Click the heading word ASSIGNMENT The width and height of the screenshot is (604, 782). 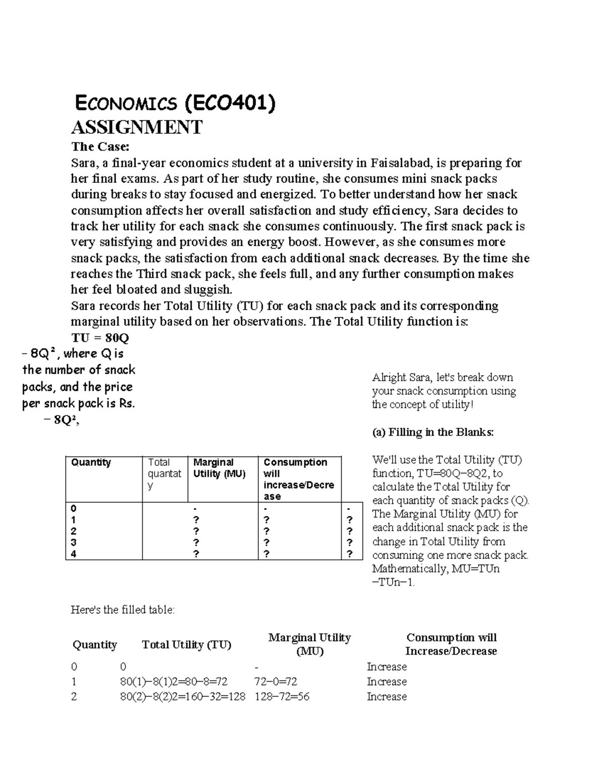tap(136, 127)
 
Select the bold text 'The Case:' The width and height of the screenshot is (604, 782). tap(100, 147)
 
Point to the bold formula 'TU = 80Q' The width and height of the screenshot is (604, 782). tap(100, 337)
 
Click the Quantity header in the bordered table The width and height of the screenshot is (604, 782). tap(91, 462)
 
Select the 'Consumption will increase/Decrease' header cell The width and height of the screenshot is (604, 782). tap(299, 479)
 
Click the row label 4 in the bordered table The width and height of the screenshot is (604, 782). tap(73, 554)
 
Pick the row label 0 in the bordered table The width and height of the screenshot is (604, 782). tap(73, 508)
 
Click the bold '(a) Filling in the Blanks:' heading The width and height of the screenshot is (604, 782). tap(433, 432)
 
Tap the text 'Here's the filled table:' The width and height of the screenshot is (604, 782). tap(123, 610)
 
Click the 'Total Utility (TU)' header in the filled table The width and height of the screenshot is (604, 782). tap(186, 645)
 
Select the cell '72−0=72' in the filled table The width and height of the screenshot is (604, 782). tap(276, 682)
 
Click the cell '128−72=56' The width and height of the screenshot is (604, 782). tap(282, 697)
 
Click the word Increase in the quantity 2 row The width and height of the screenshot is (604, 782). tap(387, 697)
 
